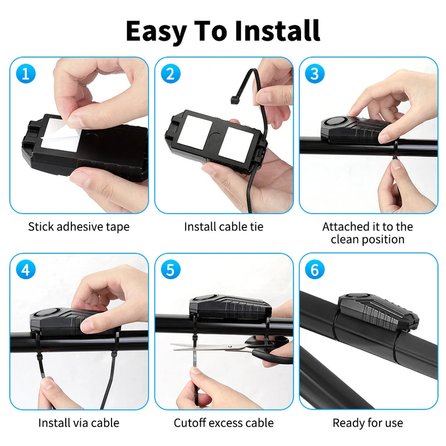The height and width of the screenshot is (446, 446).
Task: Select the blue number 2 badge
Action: point(170,73)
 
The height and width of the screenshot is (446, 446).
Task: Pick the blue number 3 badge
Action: point(315,73)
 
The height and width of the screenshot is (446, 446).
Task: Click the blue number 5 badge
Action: point(170,269)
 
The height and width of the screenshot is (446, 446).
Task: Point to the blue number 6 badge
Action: point(315,269)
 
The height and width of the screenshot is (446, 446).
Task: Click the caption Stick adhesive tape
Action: point(79,227)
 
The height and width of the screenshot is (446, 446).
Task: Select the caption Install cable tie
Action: point(224,227)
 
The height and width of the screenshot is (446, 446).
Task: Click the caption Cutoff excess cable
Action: point(224,423)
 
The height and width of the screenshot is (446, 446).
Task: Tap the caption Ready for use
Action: point(368,423)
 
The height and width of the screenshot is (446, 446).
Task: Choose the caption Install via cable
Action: point(79,423)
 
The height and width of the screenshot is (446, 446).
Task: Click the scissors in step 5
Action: point(223,347)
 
